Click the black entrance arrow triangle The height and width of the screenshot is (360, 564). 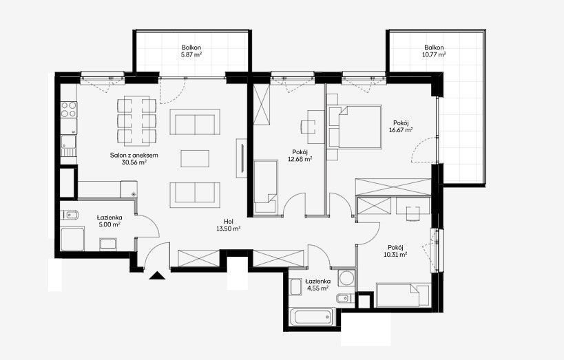[157, 275]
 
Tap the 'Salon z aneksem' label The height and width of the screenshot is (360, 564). [134, 156]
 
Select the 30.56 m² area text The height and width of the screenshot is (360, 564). [134, 162]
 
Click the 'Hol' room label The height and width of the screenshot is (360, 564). [228, 222]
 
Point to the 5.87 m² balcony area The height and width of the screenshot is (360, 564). [191, 54]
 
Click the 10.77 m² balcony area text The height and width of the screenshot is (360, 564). [434, 54]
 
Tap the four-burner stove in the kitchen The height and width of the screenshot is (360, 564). [68, 109]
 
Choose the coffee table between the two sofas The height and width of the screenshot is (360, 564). [195, 158]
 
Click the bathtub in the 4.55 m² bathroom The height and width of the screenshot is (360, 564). [312, 317]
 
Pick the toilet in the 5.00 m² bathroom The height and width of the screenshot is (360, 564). [70, 215]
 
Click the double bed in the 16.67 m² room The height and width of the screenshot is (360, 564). [354, 127]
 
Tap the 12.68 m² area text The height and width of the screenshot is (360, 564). [300, 159]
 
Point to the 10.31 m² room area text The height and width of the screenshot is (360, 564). [395, 254]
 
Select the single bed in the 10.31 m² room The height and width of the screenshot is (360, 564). [403, 295]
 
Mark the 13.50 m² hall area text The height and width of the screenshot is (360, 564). [228, 229]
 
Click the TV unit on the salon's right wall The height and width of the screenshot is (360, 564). [241, 158]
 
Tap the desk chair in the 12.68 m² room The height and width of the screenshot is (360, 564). [309, 127]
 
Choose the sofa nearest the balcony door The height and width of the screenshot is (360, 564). [195, 122]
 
